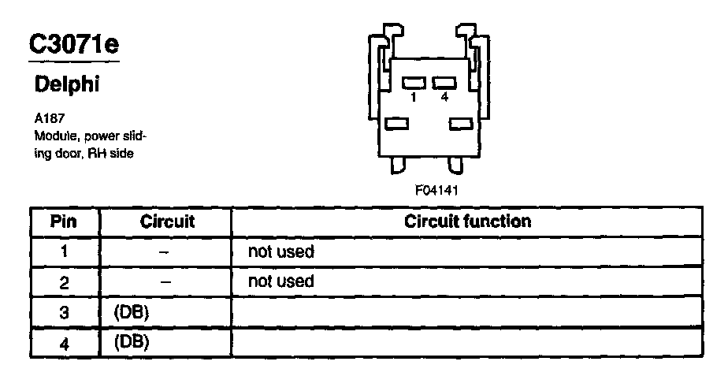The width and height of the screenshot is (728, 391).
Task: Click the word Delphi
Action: tap(67, 84)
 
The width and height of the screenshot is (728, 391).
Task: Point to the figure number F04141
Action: tap(436, 190)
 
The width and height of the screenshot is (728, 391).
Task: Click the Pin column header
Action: tap(63, 222)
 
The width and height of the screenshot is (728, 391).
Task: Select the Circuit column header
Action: tap(167, 222)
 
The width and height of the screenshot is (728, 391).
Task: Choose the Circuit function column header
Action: tap(467, 221)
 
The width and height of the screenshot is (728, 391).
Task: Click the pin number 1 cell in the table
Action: tap(63, 252)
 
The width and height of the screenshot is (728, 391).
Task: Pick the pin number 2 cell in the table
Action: tap(63, 281)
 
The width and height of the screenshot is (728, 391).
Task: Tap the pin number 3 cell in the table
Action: tap(63, 313)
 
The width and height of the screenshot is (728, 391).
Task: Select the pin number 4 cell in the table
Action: tap(63, 343)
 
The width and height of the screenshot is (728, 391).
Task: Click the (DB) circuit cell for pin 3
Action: tap(132, 313)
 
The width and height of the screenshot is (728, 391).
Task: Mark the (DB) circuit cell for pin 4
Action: tap(132, 343)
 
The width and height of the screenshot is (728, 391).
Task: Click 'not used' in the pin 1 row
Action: tap(280, 252)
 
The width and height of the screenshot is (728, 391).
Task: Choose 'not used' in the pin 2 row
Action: tap(280, 281)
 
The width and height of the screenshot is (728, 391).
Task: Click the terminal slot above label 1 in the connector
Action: tap(414, 82)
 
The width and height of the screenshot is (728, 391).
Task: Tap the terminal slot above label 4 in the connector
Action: tap(444, 82)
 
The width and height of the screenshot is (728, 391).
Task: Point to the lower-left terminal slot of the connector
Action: tap(397, 123)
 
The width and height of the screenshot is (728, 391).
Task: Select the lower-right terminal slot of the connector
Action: tap(460, 123)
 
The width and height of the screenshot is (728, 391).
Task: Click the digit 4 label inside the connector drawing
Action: tap(445, 97)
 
